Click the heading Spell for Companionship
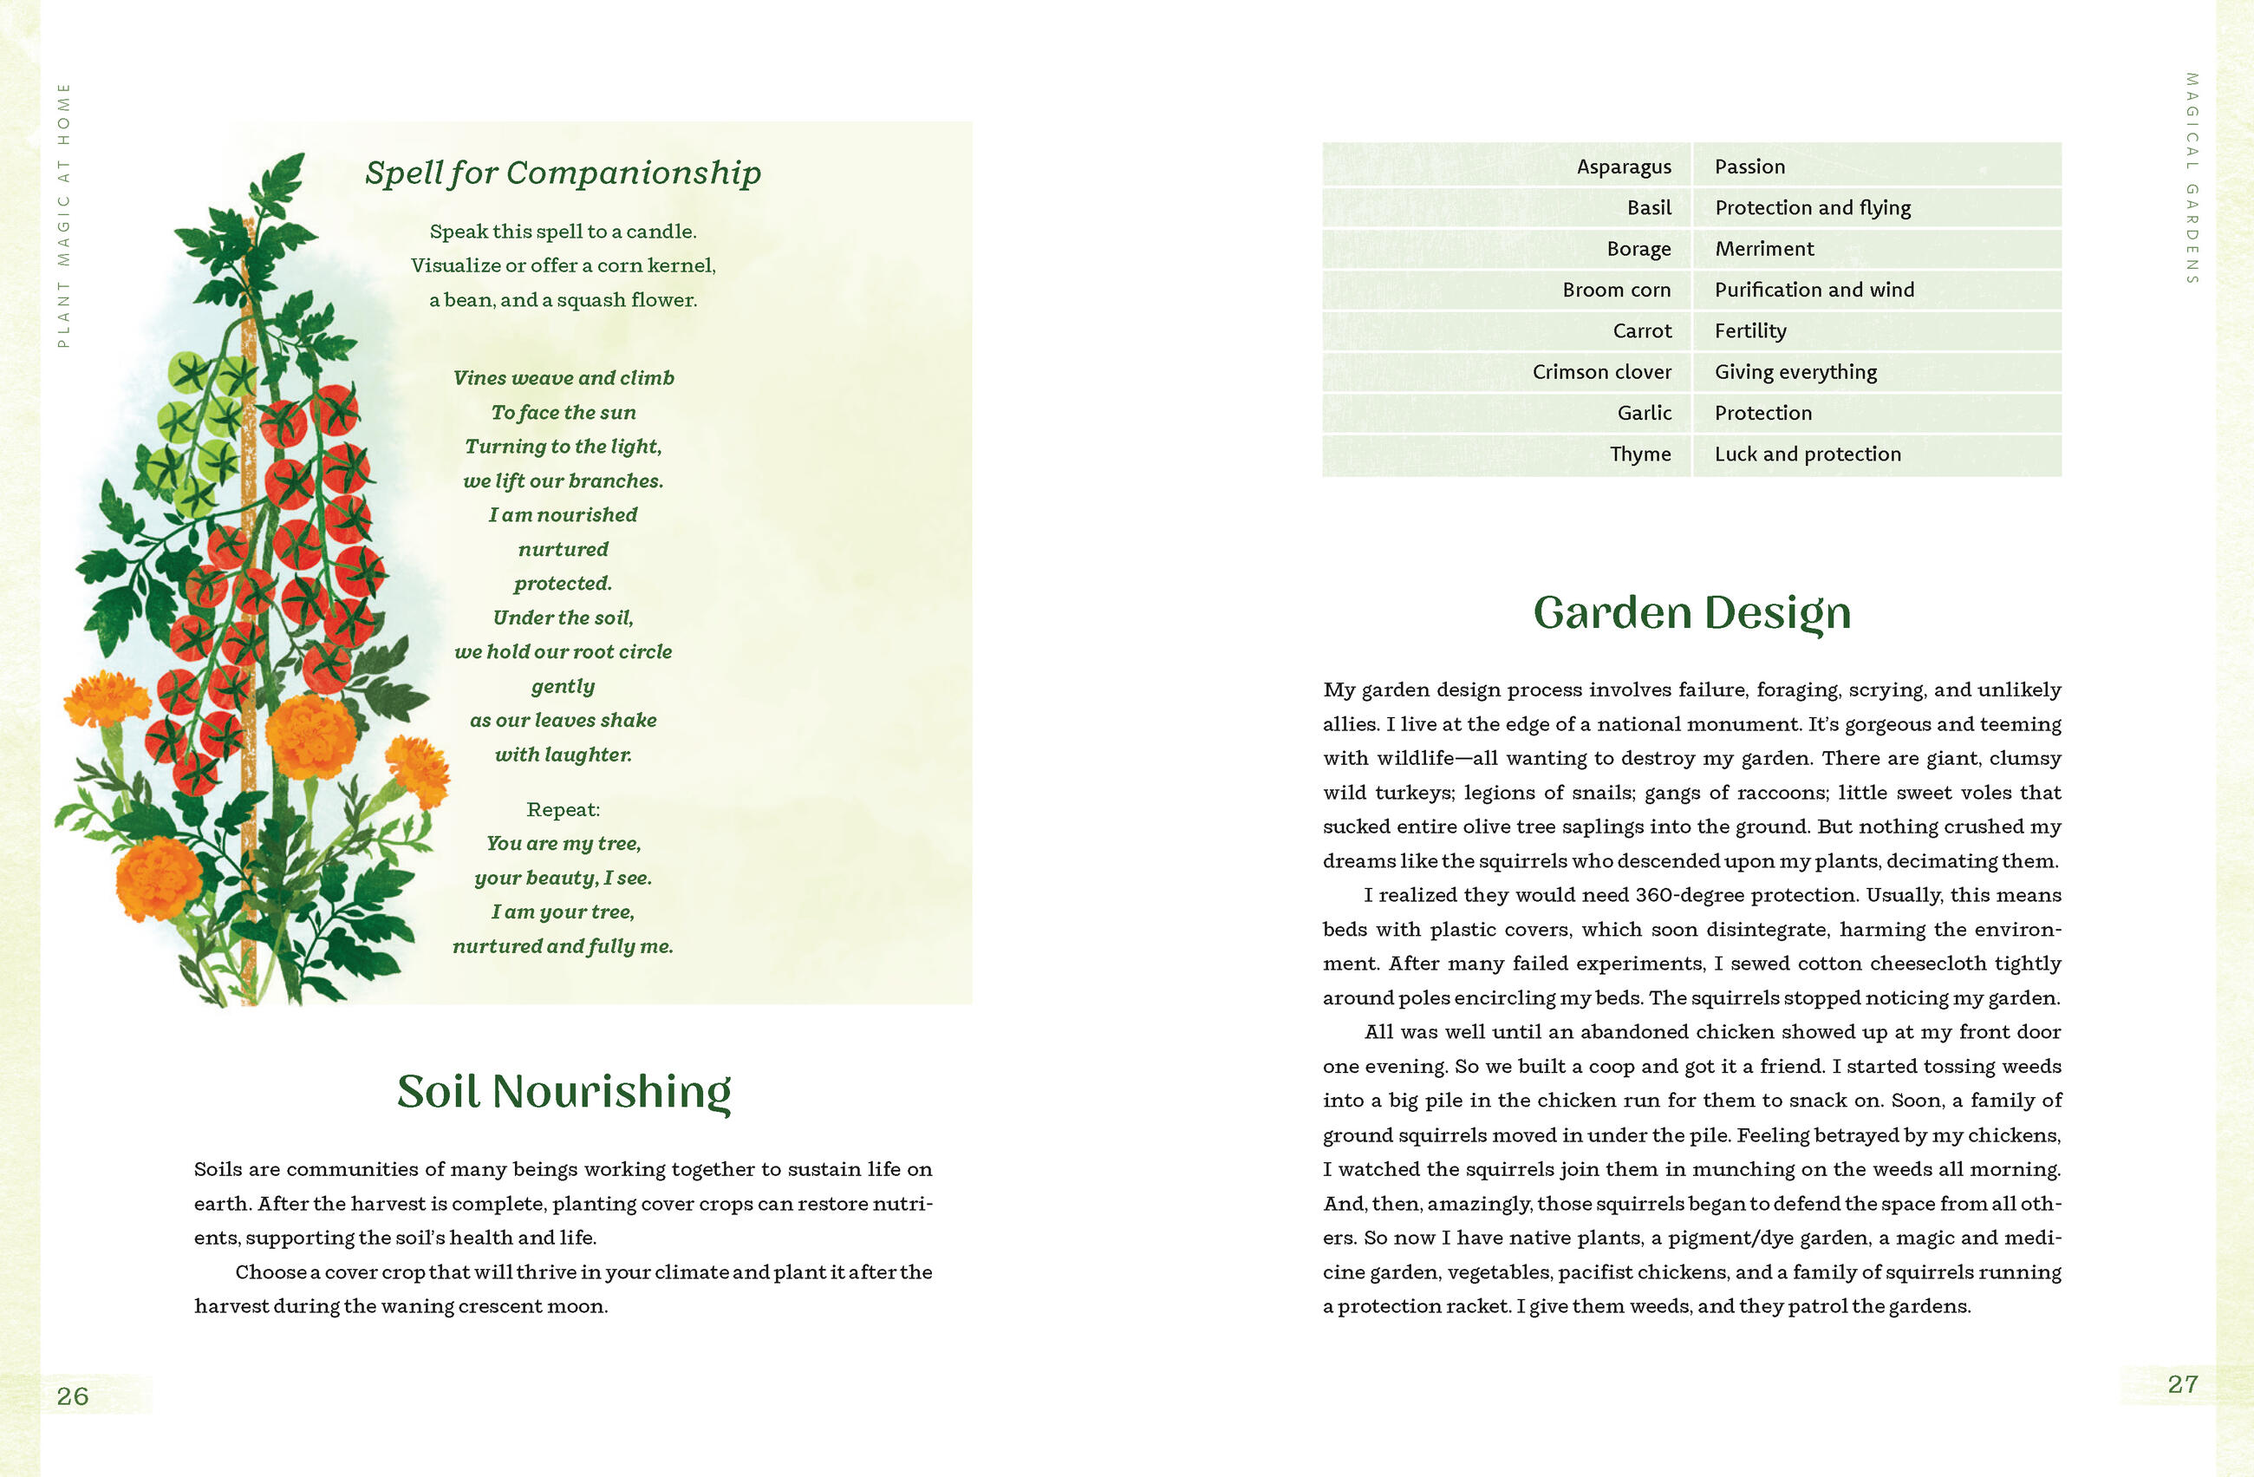563,173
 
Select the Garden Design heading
1691,612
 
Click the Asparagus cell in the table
1623,167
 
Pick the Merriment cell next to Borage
1763,248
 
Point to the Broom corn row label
1616,290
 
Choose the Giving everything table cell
1795,371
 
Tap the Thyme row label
1639,454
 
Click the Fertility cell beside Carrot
1750,330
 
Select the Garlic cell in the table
1643,413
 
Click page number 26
73,1395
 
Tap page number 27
2182,1384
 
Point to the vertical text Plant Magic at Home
63,215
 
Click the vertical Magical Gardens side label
2191,178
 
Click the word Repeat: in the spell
563,809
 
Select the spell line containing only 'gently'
563,686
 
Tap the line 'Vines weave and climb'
563,378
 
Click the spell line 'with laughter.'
563,755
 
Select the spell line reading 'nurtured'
563,550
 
